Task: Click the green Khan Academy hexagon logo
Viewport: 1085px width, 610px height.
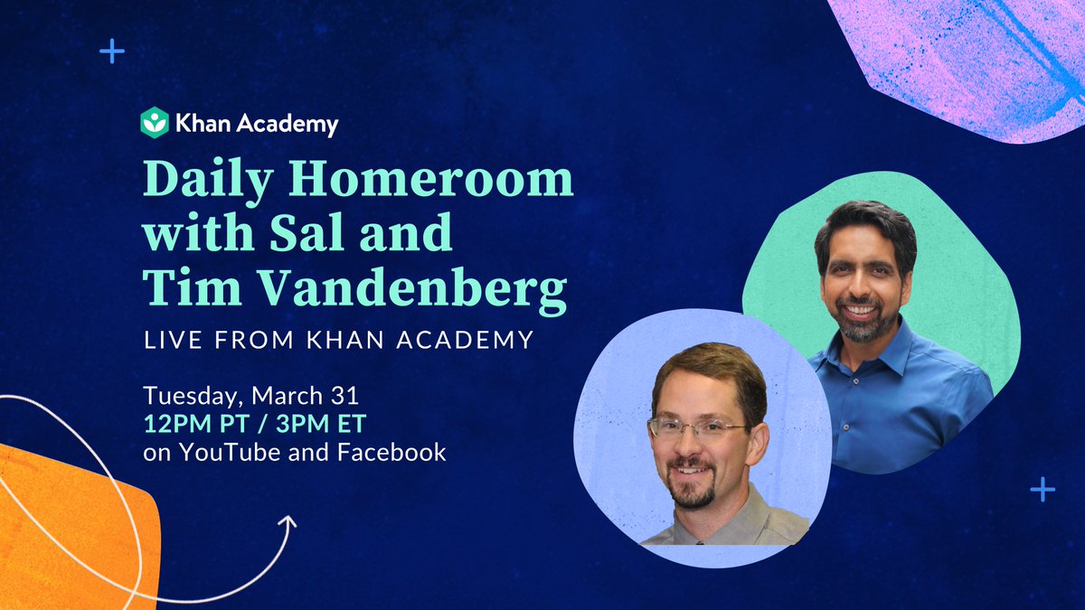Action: click(155, 122)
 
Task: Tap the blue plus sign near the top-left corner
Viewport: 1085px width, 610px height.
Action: click(111, 51)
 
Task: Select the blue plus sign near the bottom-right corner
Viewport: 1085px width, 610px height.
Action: click(1043, 490)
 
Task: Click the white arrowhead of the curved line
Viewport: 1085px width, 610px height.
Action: click(289, 522)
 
